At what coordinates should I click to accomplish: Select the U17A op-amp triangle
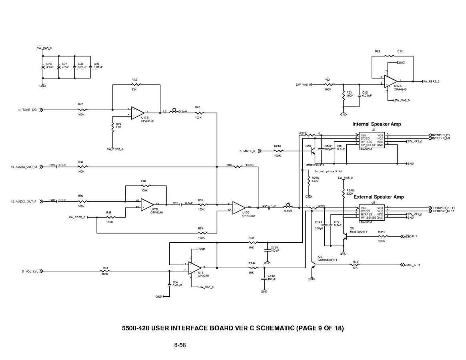click(391, 81)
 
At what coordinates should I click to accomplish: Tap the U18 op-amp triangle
click(195, 267)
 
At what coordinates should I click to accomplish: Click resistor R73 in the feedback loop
click(137, 84)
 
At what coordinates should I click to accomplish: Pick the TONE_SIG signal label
click(29, 110)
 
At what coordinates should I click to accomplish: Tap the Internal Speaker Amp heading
click(376, 124)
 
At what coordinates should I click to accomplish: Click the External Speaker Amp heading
click(378, 197)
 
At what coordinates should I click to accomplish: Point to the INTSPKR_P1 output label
click(441, 135)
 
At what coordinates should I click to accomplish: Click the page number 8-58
click(180, 345)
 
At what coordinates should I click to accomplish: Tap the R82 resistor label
click(378, 52)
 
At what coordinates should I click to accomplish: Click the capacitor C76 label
click(49, 64)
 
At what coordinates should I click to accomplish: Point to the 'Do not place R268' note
click(328, 171)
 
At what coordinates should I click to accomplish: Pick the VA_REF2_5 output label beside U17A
click(431, 81)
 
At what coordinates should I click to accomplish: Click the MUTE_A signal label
click(410, 265)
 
